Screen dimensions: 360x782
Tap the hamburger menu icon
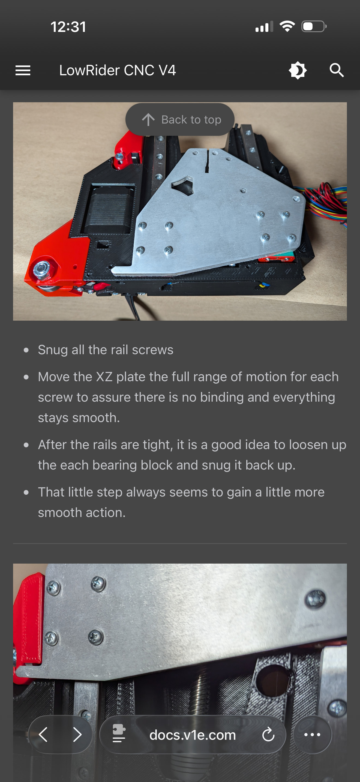click(23, 70)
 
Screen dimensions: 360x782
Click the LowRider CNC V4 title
click(118, 70)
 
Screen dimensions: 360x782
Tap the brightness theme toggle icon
click(298, 70)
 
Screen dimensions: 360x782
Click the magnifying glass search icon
click(337, 70)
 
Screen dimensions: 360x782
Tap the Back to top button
click(180, 119)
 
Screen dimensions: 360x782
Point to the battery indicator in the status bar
click(314, 26)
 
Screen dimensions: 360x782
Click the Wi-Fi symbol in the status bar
click(287, 26)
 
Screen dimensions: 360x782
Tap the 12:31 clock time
click(68, 27)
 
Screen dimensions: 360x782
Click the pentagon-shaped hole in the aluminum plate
click(183, 185)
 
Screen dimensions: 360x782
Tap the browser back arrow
click(43, 735)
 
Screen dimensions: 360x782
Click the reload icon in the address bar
click(268, 735)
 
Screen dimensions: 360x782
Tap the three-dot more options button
click(312, 735)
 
